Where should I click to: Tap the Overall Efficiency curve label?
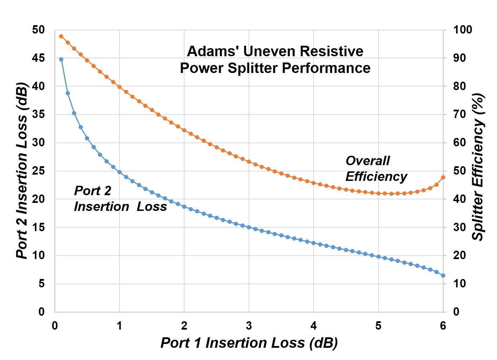(376, 168)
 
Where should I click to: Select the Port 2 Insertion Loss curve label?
(120, 199)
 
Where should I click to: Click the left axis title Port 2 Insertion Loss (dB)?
(22, 170)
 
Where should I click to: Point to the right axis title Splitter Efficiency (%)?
(478, 167)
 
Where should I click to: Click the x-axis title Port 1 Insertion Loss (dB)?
(249, 343)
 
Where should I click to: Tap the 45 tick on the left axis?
(38, 58)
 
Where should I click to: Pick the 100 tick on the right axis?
(462, 30)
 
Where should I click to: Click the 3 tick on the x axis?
(249, 326)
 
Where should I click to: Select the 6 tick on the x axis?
(443, 326)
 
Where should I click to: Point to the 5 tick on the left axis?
(41, 284)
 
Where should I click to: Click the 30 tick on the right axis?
(459, 227)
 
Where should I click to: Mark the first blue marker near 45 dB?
(61, 59)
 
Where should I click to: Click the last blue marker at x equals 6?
(443, 275)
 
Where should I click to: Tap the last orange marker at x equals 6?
(443, 177)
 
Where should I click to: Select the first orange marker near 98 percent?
(61, 36)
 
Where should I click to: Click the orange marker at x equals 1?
(120, 87)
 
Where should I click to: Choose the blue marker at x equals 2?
(184, 207)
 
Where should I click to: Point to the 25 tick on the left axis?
(38, 171)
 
